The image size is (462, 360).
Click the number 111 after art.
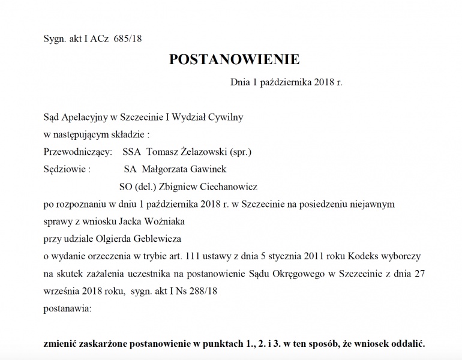(184, 256)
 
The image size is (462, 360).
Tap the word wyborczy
(404, 256)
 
